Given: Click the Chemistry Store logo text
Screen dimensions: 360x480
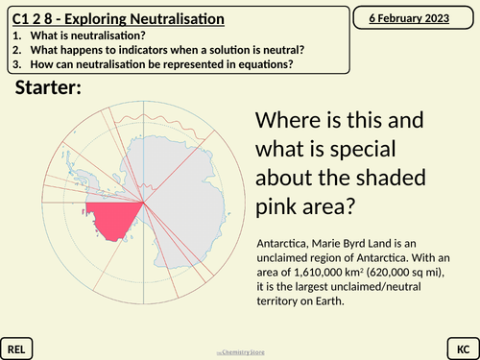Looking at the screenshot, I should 239,351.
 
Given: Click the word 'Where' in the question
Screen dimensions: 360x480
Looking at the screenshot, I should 288,123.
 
